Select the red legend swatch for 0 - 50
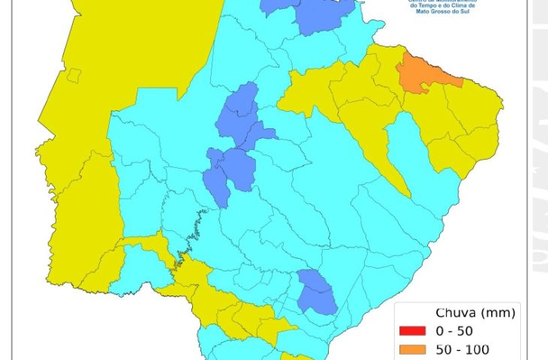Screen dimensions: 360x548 pos(412,331)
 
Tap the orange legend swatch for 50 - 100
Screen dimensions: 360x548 pos(412,349)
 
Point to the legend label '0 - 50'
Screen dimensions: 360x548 pos(459,331)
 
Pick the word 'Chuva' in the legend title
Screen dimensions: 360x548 pos(452,313)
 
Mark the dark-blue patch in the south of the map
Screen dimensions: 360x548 pos(316,292)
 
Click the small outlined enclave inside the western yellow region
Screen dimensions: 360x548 pos(74,74)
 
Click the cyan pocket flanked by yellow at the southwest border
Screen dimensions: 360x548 pos(135,270)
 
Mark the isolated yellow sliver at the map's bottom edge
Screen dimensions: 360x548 pos(297,356)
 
